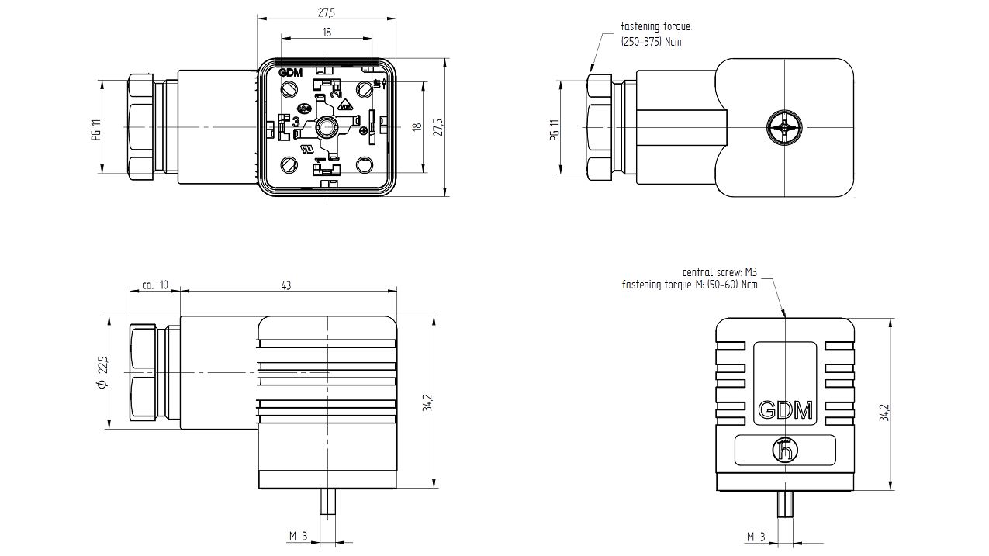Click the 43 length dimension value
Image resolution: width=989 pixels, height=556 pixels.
(286, 285)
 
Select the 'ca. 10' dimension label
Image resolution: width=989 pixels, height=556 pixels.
(155, 285)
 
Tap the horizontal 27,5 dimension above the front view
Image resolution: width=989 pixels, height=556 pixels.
(326, 12)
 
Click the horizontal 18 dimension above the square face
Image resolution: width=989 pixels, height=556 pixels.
(327, 32)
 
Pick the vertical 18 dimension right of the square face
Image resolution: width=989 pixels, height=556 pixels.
(417, 127)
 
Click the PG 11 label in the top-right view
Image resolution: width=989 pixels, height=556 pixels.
(554, 130)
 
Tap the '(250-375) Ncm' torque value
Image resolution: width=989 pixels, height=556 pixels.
(651, 42)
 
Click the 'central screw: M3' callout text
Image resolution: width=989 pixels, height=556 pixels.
(719, 272)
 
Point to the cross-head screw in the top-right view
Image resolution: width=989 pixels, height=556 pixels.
(785, 127)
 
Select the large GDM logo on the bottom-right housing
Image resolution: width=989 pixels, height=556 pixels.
(785, 410)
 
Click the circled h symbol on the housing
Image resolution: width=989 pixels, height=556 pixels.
(785, 450)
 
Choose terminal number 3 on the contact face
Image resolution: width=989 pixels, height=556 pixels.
(296, 121)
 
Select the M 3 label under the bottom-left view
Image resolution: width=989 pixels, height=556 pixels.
(299, 537)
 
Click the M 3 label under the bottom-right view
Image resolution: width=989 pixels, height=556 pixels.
(756, 537)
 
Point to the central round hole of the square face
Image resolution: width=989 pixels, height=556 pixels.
(326, 127)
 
